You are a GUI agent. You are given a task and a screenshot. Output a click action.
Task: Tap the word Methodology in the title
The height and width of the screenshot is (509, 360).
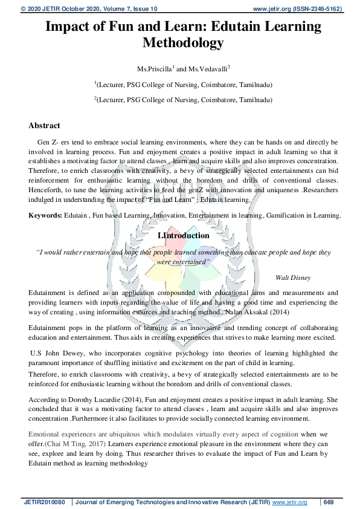click(182, 43)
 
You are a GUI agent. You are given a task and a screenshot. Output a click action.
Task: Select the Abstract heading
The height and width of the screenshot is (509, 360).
click(44, 126)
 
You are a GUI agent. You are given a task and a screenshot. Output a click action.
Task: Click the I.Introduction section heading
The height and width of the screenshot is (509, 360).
click(183, 236)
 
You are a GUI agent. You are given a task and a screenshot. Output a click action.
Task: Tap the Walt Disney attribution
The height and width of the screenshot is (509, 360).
click(293, 277)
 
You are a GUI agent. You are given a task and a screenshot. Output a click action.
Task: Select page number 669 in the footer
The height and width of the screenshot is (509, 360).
click(329, 502)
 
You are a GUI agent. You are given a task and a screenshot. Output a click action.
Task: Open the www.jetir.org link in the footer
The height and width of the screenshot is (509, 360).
click(290, 502)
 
